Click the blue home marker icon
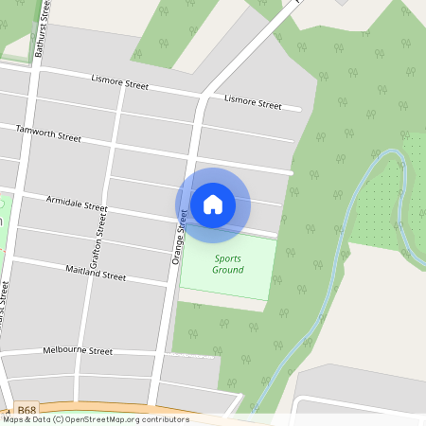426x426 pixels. click(x=213, y=204)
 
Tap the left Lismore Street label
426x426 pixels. click(x=120, y=83)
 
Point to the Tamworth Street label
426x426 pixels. click(x=49, y=133)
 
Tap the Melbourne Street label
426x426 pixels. click(x=78, y=351)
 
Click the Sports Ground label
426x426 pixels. click(x=227, y=264)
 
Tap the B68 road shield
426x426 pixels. click(x=27, y=410)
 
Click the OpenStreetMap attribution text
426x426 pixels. click(x=95, y=419)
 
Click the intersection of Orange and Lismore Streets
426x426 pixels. click(x=202, y=97)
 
